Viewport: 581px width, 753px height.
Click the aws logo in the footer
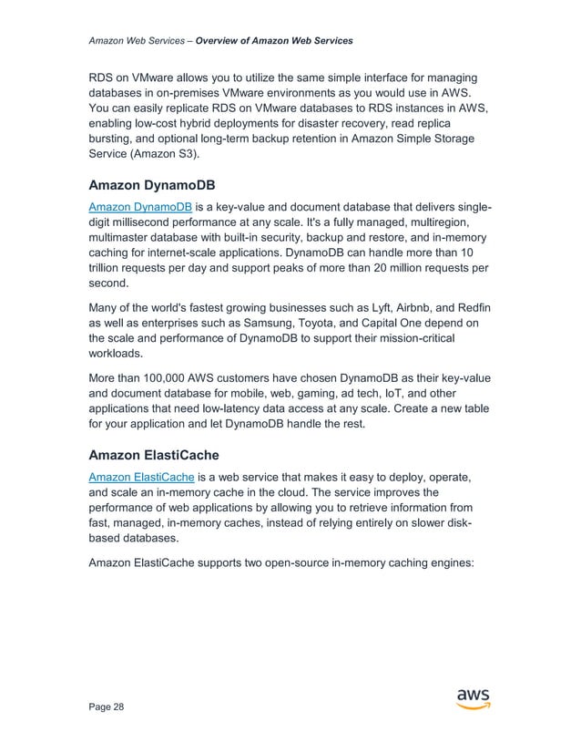coord(473,699)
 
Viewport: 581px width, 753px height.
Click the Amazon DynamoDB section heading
coord(155,189)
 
